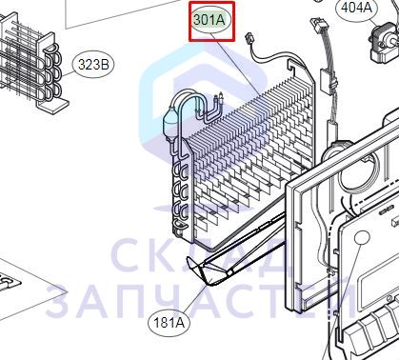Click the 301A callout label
click(x=209, y=20)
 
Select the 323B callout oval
click(x=93, y=65)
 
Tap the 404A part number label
click(x=356, y=8)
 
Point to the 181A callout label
click(x=169, y=323)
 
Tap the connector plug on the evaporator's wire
click(x=249, y=40)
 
